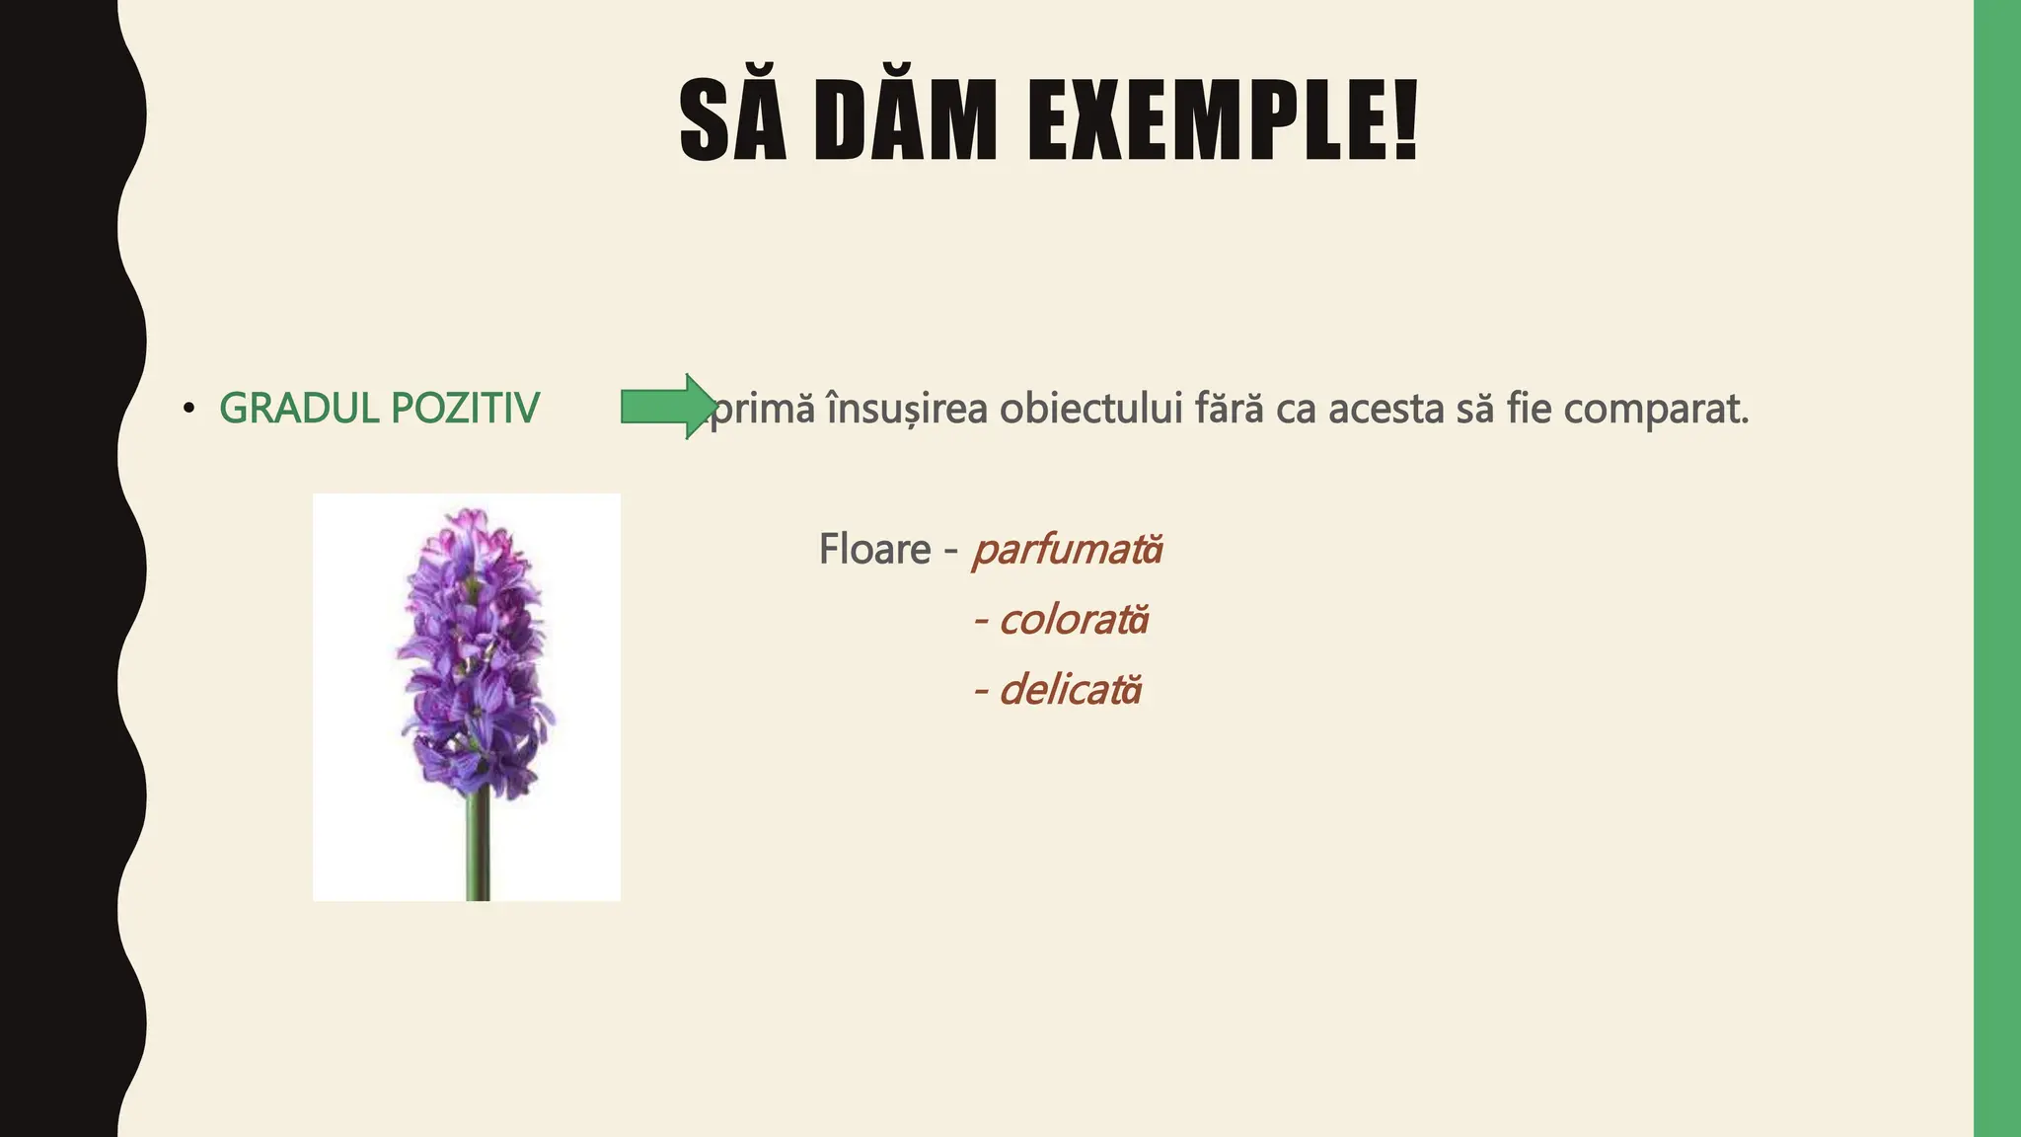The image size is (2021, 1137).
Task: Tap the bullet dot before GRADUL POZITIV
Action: coord(189,409)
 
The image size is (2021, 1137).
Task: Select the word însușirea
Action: coord(906,409)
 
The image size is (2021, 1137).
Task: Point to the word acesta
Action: coord(1386,409)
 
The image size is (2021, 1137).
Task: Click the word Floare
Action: coord(874,550)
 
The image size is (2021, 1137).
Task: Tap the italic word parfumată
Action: coord(1068,550)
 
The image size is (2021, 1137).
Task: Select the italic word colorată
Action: coord(1074,620)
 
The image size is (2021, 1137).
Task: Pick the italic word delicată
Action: coord(1070,690)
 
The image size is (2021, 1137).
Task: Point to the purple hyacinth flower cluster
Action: coord(474,651)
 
